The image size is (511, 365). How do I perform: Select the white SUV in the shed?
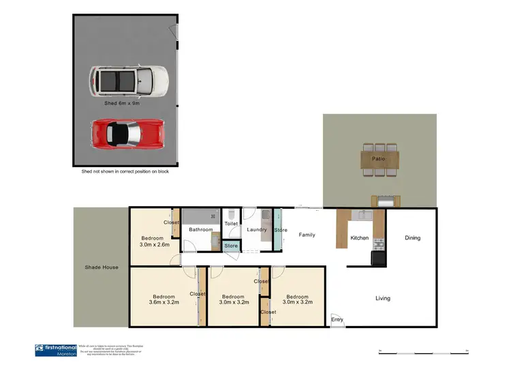[127, 81]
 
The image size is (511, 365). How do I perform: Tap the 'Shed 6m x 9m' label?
[122, 104]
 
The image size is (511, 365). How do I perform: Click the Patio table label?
[378, 159]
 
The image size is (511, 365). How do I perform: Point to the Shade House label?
[101, 267]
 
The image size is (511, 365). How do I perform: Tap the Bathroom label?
[201, 230]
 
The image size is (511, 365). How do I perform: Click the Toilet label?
[231, 223]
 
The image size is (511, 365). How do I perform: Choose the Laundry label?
[257, 230]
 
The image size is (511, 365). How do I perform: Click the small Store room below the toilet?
[231, 246]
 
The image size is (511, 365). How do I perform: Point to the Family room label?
[307, 235]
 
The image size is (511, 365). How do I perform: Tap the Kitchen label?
[359, 238]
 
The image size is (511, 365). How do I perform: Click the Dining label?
[413, 238]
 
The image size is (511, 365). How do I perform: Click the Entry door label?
[337, 319]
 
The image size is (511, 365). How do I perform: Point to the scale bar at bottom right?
[422, 353]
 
